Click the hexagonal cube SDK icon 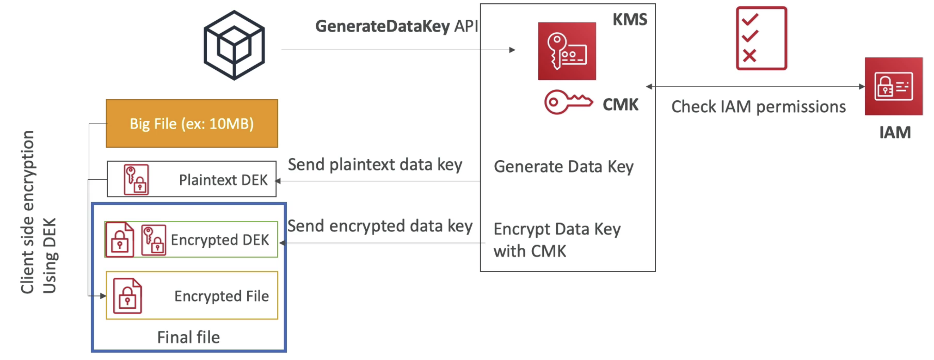click(234, 45)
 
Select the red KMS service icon click(567, 51)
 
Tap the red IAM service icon click(893, 86)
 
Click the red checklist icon click(761, 38)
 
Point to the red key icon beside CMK click(568, 102)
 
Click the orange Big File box click(192, 123)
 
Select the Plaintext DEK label click(223, 180)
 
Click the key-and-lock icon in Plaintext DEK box click(136, 180)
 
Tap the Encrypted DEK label click(220, 240)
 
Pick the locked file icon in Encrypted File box click(127, 296)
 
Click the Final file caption click(189, 337)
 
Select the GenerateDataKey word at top click(383, 26)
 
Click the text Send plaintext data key click(375, 165)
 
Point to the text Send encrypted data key click(380, 226)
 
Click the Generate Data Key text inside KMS click(563, 167)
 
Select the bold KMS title click(630, 19)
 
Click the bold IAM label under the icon click(895, 132)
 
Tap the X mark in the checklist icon click(750, 55)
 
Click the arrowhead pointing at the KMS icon click(512, 50)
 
